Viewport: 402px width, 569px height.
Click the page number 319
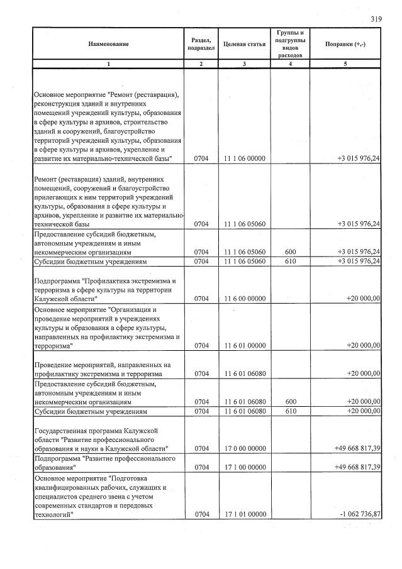coord(376,19)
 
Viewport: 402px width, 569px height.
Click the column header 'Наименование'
coord(108,44)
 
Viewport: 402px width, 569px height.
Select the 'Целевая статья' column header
coord(244,44)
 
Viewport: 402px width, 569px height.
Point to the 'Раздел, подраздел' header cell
coord(201,44)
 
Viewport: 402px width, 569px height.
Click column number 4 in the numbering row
coord(289,64)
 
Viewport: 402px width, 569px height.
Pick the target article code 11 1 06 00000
coord(244,159)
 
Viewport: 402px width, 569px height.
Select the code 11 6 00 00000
coord(244,299)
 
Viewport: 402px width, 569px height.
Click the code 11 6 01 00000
coord(244,345)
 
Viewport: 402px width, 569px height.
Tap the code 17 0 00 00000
coord(244,448)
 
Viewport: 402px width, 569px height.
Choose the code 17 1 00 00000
coord(244,467)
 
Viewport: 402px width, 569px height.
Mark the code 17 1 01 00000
coord(244,514)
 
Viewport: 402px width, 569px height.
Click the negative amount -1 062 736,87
coord(359,514)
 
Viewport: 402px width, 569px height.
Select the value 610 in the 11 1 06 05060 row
coord(289,261)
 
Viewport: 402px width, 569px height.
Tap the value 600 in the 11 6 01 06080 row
coord(289,402)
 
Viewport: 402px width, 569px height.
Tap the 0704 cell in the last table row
coord(201,514)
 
